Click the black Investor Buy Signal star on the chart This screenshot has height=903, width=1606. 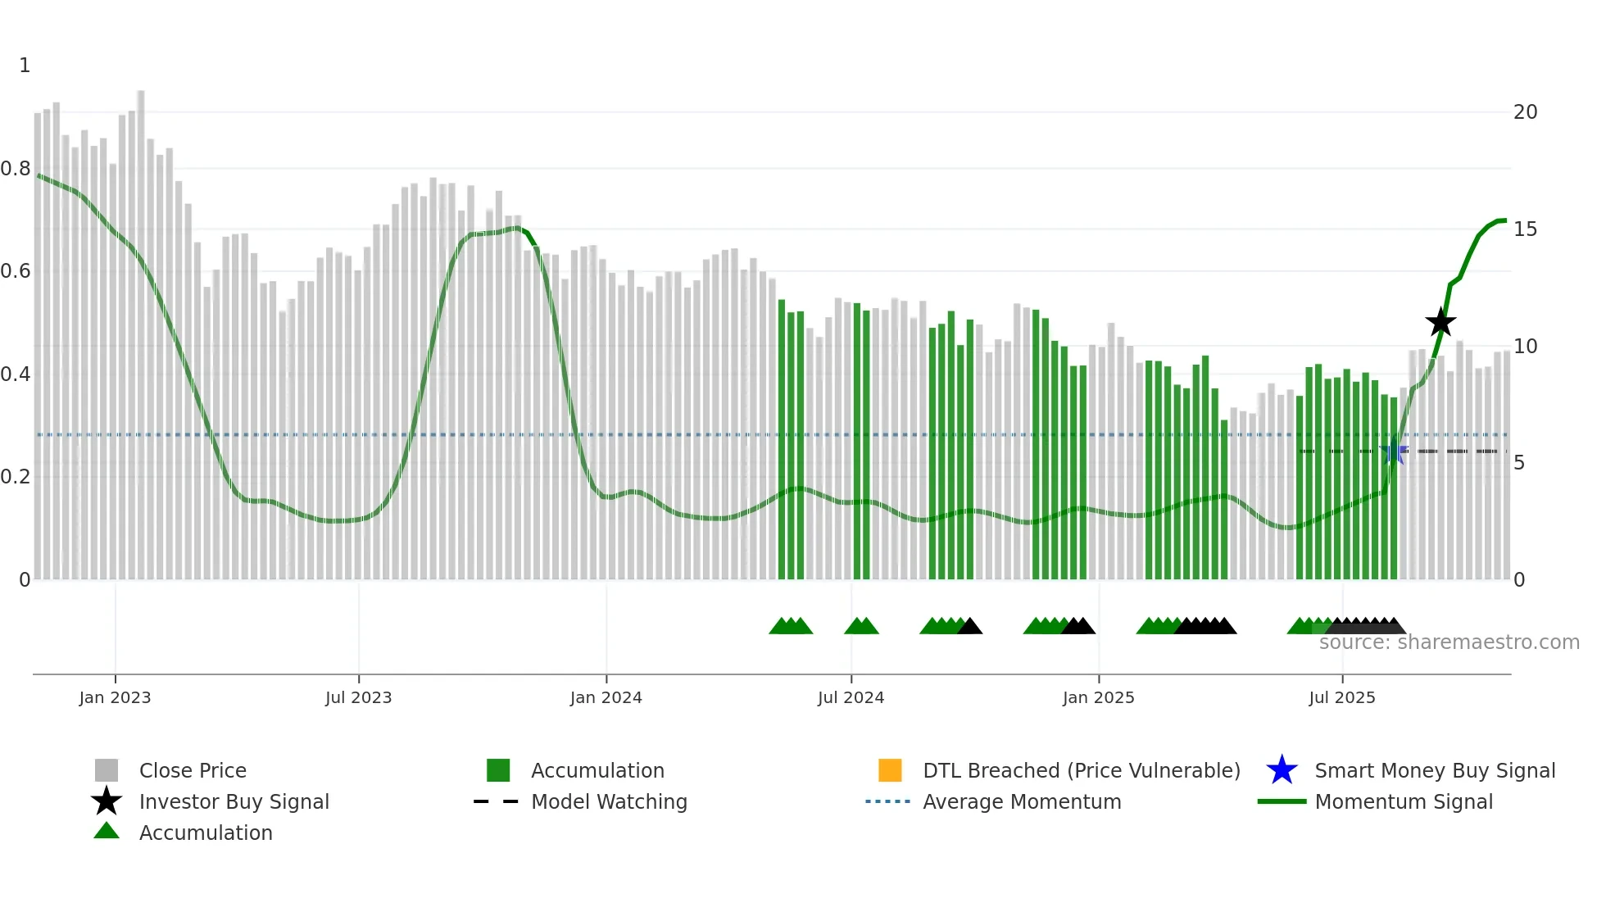click(x=1440, y=322)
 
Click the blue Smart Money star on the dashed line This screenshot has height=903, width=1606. click(x=1393, y=451)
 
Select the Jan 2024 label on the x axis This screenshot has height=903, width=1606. click(x=606, y=697)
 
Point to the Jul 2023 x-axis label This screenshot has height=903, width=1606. click(x=358, y=697)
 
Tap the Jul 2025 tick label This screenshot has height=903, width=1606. click(x=1341, y=697)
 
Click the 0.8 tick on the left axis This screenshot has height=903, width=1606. click(x=16, y=169)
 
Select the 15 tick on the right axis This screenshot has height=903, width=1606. click(x=1525, y=229)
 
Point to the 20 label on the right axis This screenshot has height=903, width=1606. click(x=1525, y=112)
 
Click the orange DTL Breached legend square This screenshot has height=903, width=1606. click(x=890, y=770)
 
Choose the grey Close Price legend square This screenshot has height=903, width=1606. click(x=107, y=770)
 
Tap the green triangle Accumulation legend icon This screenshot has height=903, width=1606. click(x=107, y=831)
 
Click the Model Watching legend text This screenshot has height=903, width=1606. click(x=609, y=801)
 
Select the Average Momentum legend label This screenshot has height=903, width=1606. click(x=1022, y=801)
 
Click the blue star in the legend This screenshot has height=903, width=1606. click(x=1282, y=770)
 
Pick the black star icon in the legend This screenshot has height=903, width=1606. click(x=107, y=801)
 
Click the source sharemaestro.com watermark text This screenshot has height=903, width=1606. click(x=1449, y=642)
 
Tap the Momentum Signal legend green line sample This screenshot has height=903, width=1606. click(x=1282, y=801)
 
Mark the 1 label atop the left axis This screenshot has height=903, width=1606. click(x=25, y=66)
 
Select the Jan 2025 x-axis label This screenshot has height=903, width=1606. click(x=1098, y=697)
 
